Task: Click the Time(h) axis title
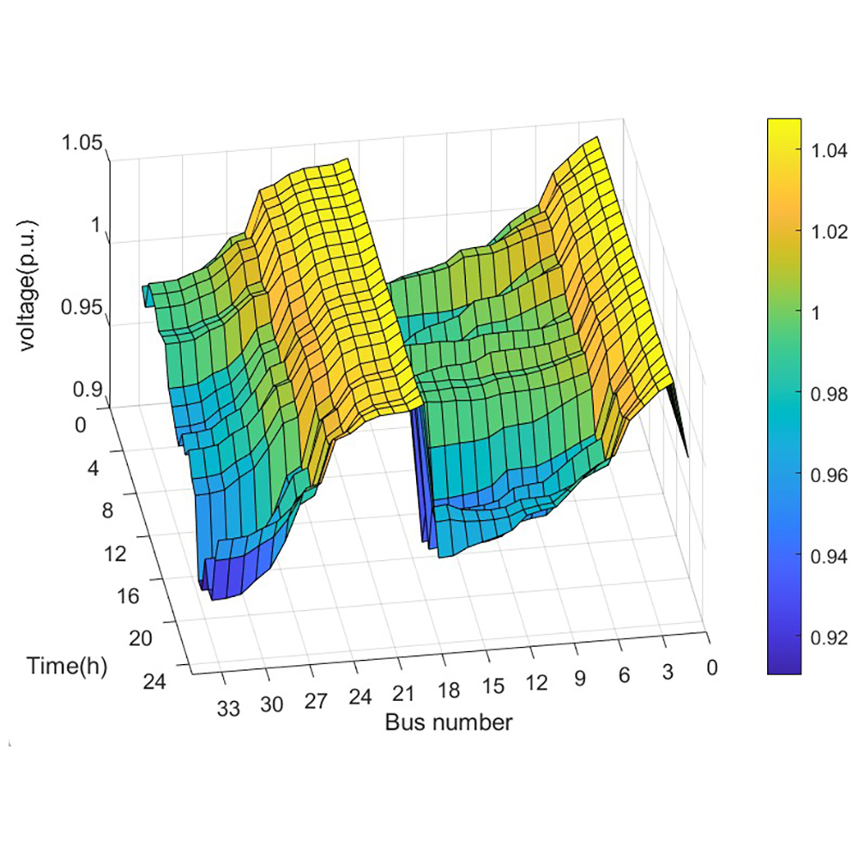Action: (67, 666)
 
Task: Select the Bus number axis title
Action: (448, 722)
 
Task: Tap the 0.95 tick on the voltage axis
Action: (83, 308)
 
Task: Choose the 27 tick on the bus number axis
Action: (316, 701)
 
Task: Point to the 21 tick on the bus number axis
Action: (405, 694)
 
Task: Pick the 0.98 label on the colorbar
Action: (822, 394)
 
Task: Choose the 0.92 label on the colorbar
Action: (822, 637)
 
